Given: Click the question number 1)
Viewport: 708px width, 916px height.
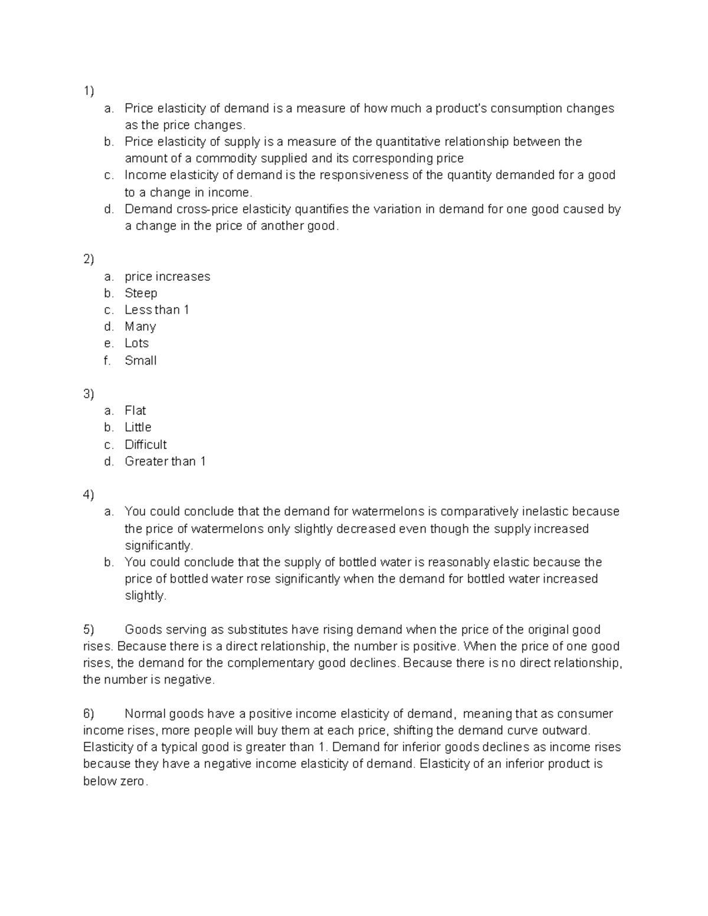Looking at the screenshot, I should click(88, 91).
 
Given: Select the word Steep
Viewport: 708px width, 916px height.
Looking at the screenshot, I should click(140, 293).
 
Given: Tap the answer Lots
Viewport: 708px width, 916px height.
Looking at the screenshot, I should click(136, 343).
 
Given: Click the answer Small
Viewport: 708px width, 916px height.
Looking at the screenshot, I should click(140, 360).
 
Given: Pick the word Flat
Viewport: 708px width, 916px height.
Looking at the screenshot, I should click(135, 411).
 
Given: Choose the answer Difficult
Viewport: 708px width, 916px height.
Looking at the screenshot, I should click(146, 444).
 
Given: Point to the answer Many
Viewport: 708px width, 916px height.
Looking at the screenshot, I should click(140, 327).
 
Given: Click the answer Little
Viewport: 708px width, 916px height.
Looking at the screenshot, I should click(138, 427).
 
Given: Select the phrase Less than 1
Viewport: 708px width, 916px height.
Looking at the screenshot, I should click(156, 310).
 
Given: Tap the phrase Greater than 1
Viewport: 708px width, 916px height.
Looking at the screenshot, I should click(165, 461).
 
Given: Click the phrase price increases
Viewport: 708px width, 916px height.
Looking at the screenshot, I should click(167, 277).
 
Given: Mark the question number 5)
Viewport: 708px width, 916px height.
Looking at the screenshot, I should click(88, 629).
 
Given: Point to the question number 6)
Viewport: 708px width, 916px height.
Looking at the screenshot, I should click(88, 714).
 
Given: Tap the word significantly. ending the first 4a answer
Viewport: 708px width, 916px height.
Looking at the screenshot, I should click(159, 546).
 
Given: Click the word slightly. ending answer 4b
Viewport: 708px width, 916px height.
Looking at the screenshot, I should click(146, 596).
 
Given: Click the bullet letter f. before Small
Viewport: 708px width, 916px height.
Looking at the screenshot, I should click(107, 360).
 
